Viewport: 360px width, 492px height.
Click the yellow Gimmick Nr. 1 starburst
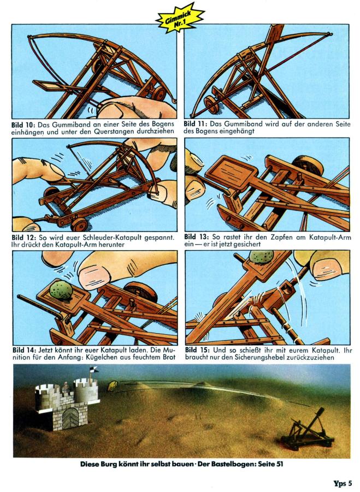click(x=179, y=18)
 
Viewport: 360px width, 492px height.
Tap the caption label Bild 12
click(x=24, y=238)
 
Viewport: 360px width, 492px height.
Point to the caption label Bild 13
click(x=196, y=237)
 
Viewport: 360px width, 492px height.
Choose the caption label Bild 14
click(x=25, y=350)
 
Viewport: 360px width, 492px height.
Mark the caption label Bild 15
click(x=197, y=350)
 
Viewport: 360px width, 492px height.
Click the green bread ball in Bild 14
click(x=61, y=290)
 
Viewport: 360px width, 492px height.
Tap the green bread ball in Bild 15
click(x=261, y=257)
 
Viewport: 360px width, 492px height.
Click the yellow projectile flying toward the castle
click(x=113, y=386)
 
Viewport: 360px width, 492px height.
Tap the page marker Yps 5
click(x=343, y=483)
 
